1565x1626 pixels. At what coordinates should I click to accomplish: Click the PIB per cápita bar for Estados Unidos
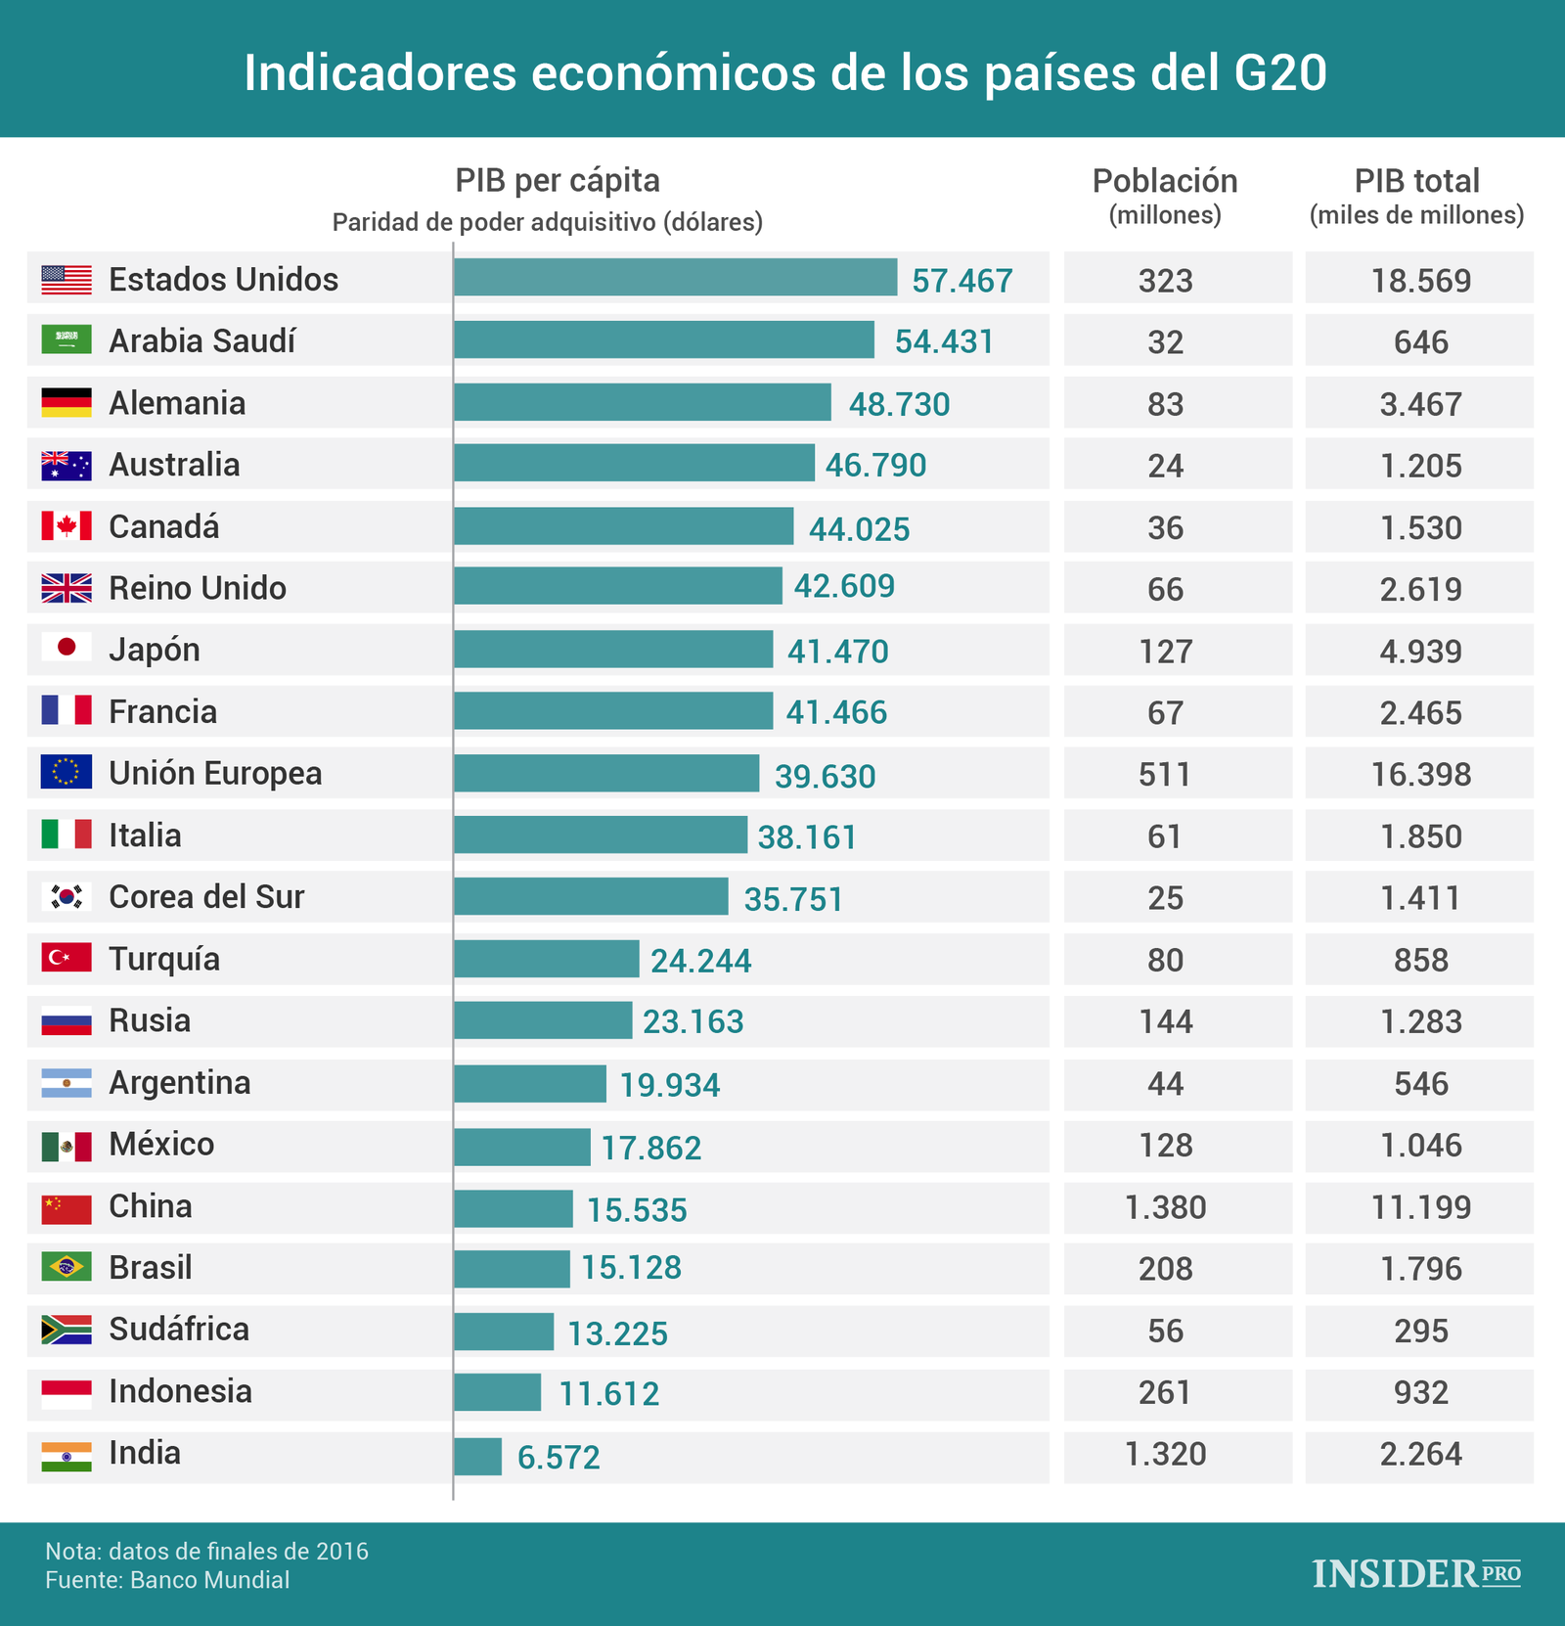pos(675,278)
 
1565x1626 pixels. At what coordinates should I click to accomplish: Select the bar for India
pos(478,1456)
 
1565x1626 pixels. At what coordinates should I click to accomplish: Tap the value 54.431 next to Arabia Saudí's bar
pos(944,341)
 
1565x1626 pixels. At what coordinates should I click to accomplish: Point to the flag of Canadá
pos(67,526)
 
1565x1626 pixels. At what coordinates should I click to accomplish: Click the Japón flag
pos(67,648)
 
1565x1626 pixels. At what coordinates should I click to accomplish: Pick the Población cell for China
pos(1165,1207)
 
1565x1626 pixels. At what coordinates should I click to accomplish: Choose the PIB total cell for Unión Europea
pos(1420,775)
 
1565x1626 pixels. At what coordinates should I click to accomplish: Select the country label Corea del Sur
pos(206,897)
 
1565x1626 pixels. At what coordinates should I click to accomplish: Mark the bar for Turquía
pos(546,959)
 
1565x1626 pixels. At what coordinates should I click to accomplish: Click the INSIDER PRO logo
pos(1416,1573)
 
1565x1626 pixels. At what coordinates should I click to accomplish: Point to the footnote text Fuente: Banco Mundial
pos(167,1580)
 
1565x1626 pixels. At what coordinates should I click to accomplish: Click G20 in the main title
pos(1274,72)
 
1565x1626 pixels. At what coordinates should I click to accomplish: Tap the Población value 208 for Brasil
pos(1165,1269)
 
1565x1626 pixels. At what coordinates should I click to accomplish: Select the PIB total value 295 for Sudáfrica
pos(1420,1331)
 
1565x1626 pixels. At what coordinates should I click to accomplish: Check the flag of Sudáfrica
pos(67,1330)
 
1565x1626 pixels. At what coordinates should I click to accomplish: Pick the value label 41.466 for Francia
pos(836,712)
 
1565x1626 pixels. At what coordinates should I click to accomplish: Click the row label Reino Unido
pos(198,588)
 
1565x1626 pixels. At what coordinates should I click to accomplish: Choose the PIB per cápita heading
pos(558,181)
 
